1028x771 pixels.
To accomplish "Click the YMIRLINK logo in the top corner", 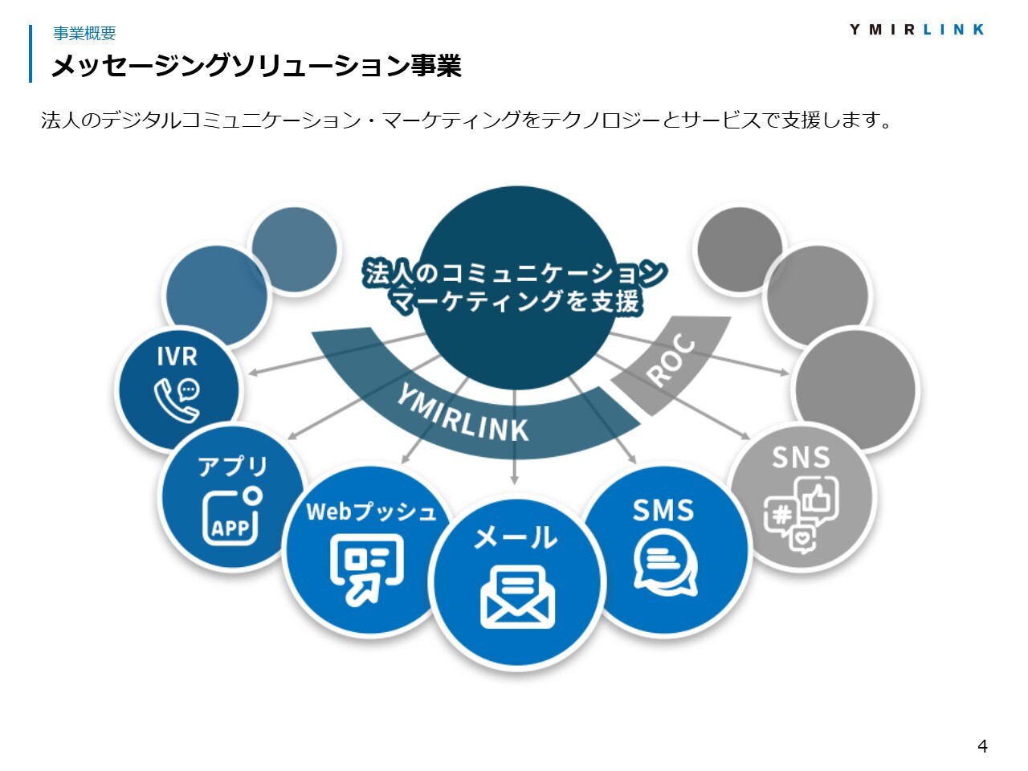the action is (916, 30).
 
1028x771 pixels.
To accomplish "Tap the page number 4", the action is (982, 745).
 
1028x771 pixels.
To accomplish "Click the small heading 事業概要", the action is (84, 33).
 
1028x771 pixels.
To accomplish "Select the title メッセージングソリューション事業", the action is (256, 65).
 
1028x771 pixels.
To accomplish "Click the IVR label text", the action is (177, 357).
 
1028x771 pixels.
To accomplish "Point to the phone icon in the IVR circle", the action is (177, 400).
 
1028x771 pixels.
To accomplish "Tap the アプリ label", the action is (232, 467).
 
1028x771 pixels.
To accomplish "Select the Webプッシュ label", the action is (371, 512).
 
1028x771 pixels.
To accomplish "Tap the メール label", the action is (516, 537).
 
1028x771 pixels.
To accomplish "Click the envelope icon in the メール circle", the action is (517, 597).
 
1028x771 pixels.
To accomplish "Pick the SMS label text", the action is (663, 510).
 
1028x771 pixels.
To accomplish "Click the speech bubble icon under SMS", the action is (665, 562).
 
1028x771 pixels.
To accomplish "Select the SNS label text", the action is (801, 457).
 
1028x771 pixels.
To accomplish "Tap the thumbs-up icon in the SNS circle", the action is (818, 499).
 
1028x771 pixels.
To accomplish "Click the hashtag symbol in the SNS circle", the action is (781, 515).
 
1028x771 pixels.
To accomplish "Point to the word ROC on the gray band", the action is (671, 360).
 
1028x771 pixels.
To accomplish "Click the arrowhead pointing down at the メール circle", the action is (514, 479).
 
